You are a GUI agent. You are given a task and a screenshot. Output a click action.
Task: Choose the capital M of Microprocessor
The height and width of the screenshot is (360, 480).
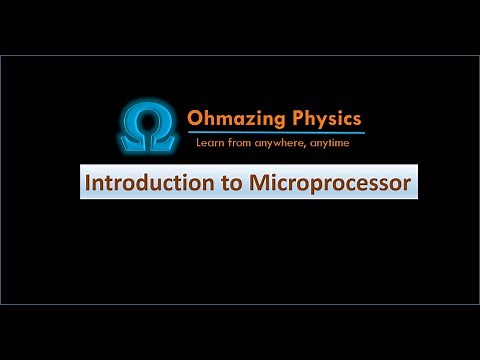253,185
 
